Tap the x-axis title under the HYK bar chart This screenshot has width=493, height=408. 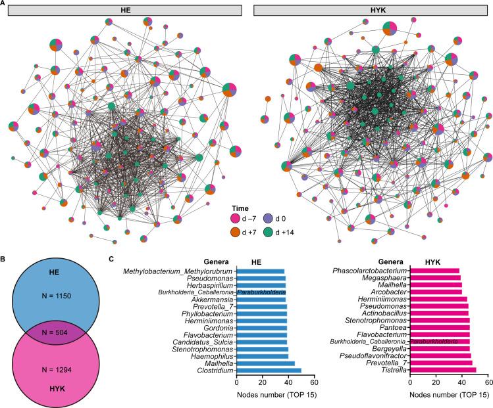[x=448, y=396]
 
